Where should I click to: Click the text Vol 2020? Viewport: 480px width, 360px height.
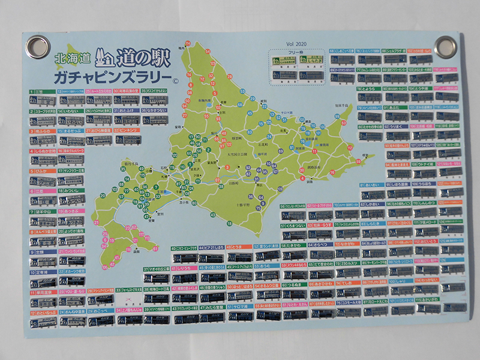[x=296, y=44]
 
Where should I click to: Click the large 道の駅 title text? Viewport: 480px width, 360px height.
[x=143, y=57]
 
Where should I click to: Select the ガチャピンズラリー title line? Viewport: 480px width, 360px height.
[x=111, y=78]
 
